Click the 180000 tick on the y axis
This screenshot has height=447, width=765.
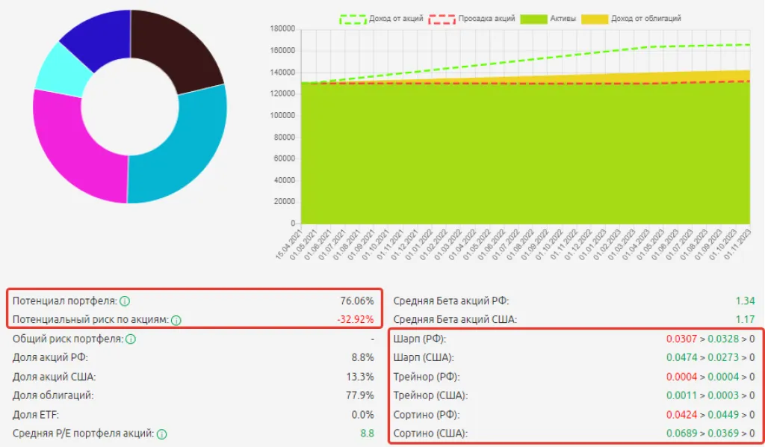[x=281, y=29]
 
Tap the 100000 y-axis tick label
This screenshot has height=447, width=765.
[x=281, y=116]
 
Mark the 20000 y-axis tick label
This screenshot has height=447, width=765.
[x=283, y=202]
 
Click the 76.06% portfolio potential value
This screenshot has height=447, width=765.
[x=357, y=301]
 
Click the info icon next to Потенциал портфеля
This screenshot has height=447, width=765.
[x=125, y=302]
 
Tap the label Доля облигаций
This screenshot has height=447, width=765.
[x=53, y=395]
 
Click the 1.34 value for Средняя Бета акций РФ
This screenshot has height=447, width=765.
[x=745, y=301]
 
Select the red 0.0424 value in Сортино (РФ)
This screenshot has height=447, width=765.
[x=682, y=414]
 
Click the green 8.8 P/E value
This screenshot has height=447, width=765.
[x=367, y=433]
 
